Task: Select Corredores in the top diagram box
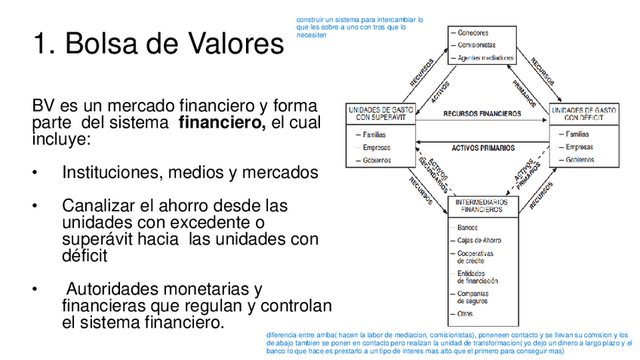tap(473, 32)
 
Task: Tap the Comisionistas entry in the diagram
tap(477, 45)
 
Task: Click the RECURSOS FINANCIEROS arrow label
tap(482, 114)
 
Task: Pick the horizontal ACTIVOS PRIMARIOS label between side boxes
tap(483, 148)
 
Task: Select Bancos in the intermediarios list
tap(468, 226)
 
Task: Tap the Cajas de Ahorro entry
tap(478, 240)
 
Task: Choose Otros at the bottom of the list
tap(466, 312)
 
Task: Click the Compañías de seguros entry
tap(473, 297)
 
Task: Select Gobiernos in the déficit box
tap(580, 160)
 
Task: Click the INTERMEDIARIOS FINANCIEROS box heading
tap(482, 206)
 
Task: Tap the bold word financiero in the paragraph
tap(222, 124)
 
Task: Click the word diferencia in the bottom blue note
tap(281, 334)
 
